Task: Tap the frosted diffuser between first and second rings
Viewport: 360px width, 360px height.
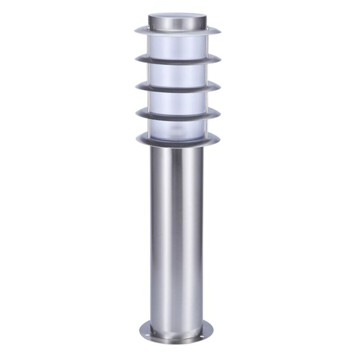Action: [178, 45]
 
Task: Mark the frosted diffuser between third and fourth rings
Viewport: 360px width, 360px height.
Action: [178, 100]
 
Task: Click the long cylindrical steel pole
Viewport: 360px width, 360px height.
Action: [176, 234]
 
